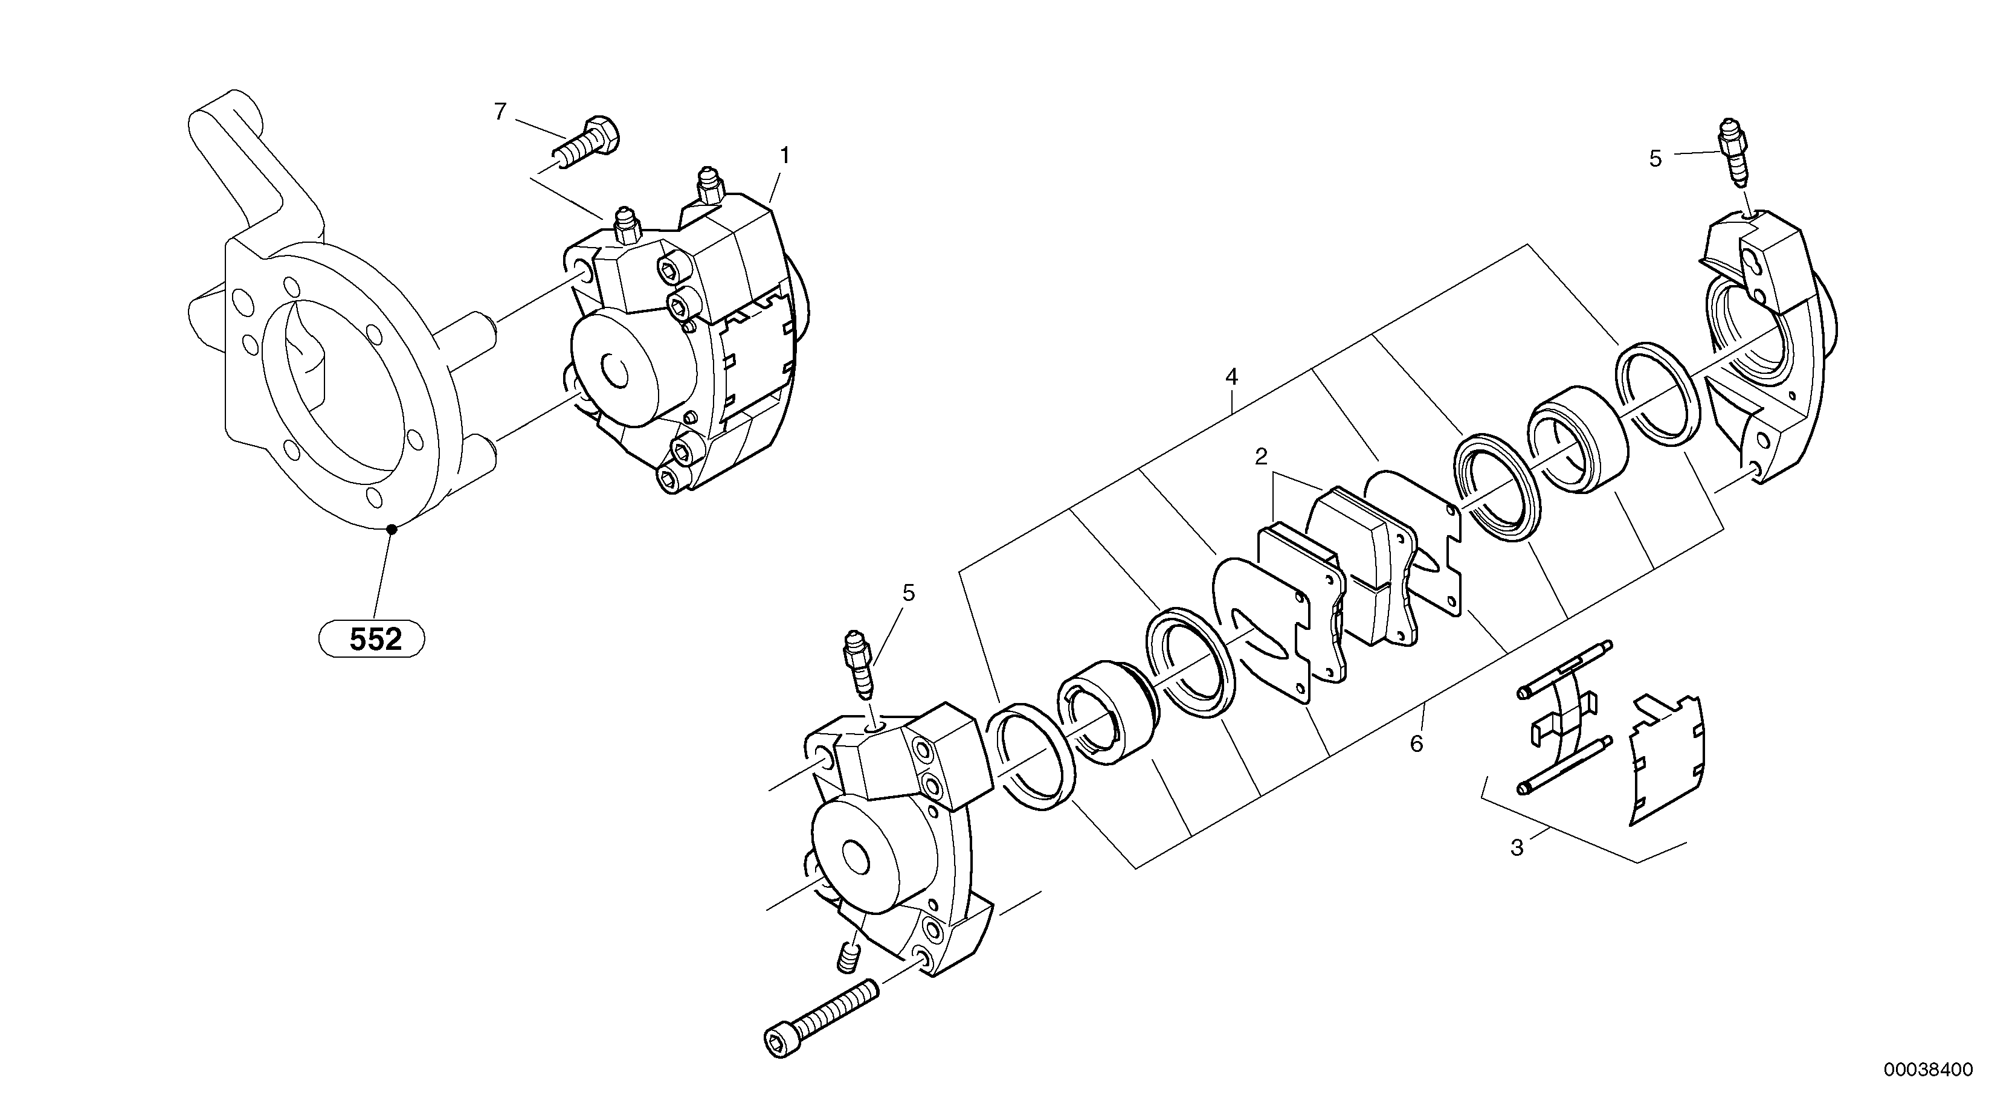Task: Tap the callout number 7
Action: [x=500, y=112]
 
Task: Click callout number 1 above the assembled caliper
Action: [x=785, y=156]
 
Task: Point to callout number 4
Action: [x=1231, y=377]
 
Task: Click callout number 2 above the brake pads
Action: [x=1261, y=456]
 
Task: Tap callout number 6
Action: [x=1416, y=743]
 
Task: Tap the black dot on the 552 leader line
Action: [x=392, y=530]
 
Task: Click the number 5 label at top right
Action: [x=1655, y=159]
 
